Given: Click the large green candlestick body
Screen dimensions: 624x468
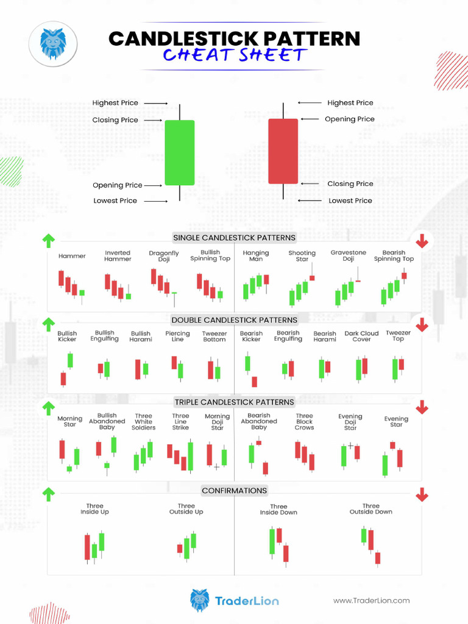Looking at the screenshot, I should pyautogui.click(x=180, y=152).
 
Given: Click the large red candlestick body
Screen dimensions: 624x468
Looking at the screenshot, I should pyautogui.click(x=283, y=151).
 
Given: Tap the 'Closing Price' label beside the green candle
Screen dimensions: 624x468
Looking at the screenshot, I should pyautogui.click(x=115, y=120).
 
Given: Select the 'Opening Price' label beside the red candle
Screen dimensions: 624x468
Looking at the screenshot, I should pyautogui.click(x=350, y=119).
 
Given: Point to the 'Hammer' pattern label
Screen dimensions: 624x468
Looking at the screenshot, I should pyautogui.click(x=72, y=256).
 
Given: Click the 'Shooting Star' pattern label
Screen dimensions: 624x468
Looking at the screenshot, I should pyautogui.click(x=302, y=256).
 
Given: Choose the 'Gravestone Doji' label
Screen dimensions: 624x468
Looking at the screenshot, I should pyautogui.click(x=349, y=255).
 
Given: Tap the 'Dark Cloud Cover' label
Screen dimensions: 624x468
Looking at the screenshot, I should pyautogui.click(x=361, y=336).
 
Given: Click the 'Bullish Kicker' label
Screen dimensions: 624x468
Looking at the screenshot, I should pyautogui.click(x=67, y=336).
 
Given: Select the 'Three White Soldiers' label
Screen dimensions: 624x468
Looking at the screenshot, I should pyautogui.click(x=144, y=422).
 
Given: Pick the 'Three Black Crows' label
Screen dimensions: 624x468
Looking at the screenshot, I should pyautogui.click(x=304, y=422).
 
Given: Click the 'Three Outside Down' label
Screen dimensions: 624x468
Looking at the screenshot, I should pyautogui.click(x=370, y=509).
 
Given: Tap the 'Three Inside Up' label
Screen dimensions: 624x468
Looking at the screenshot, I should pyautogui.click(x=94, y=509).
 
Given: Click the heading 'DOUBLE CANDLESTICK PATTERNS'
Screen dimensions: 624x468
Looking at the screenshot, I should pyautogui.click(x=234, y=320).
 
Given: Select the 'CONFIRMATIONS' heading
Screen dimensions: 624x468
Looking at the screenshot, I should pyautogui.click(x=234, y=491).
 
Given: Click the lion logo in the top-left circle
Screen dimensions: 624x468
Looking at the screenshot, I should pyautogui.click(x=52, y=43).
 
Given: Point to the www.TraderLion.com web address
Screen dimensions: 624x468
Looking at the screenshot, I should pyautogui.click(x=371, y=600).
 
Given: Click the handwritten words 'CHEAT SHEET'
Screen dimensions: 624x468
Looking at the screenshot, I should pyautogui.click(x=234, y=56).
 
